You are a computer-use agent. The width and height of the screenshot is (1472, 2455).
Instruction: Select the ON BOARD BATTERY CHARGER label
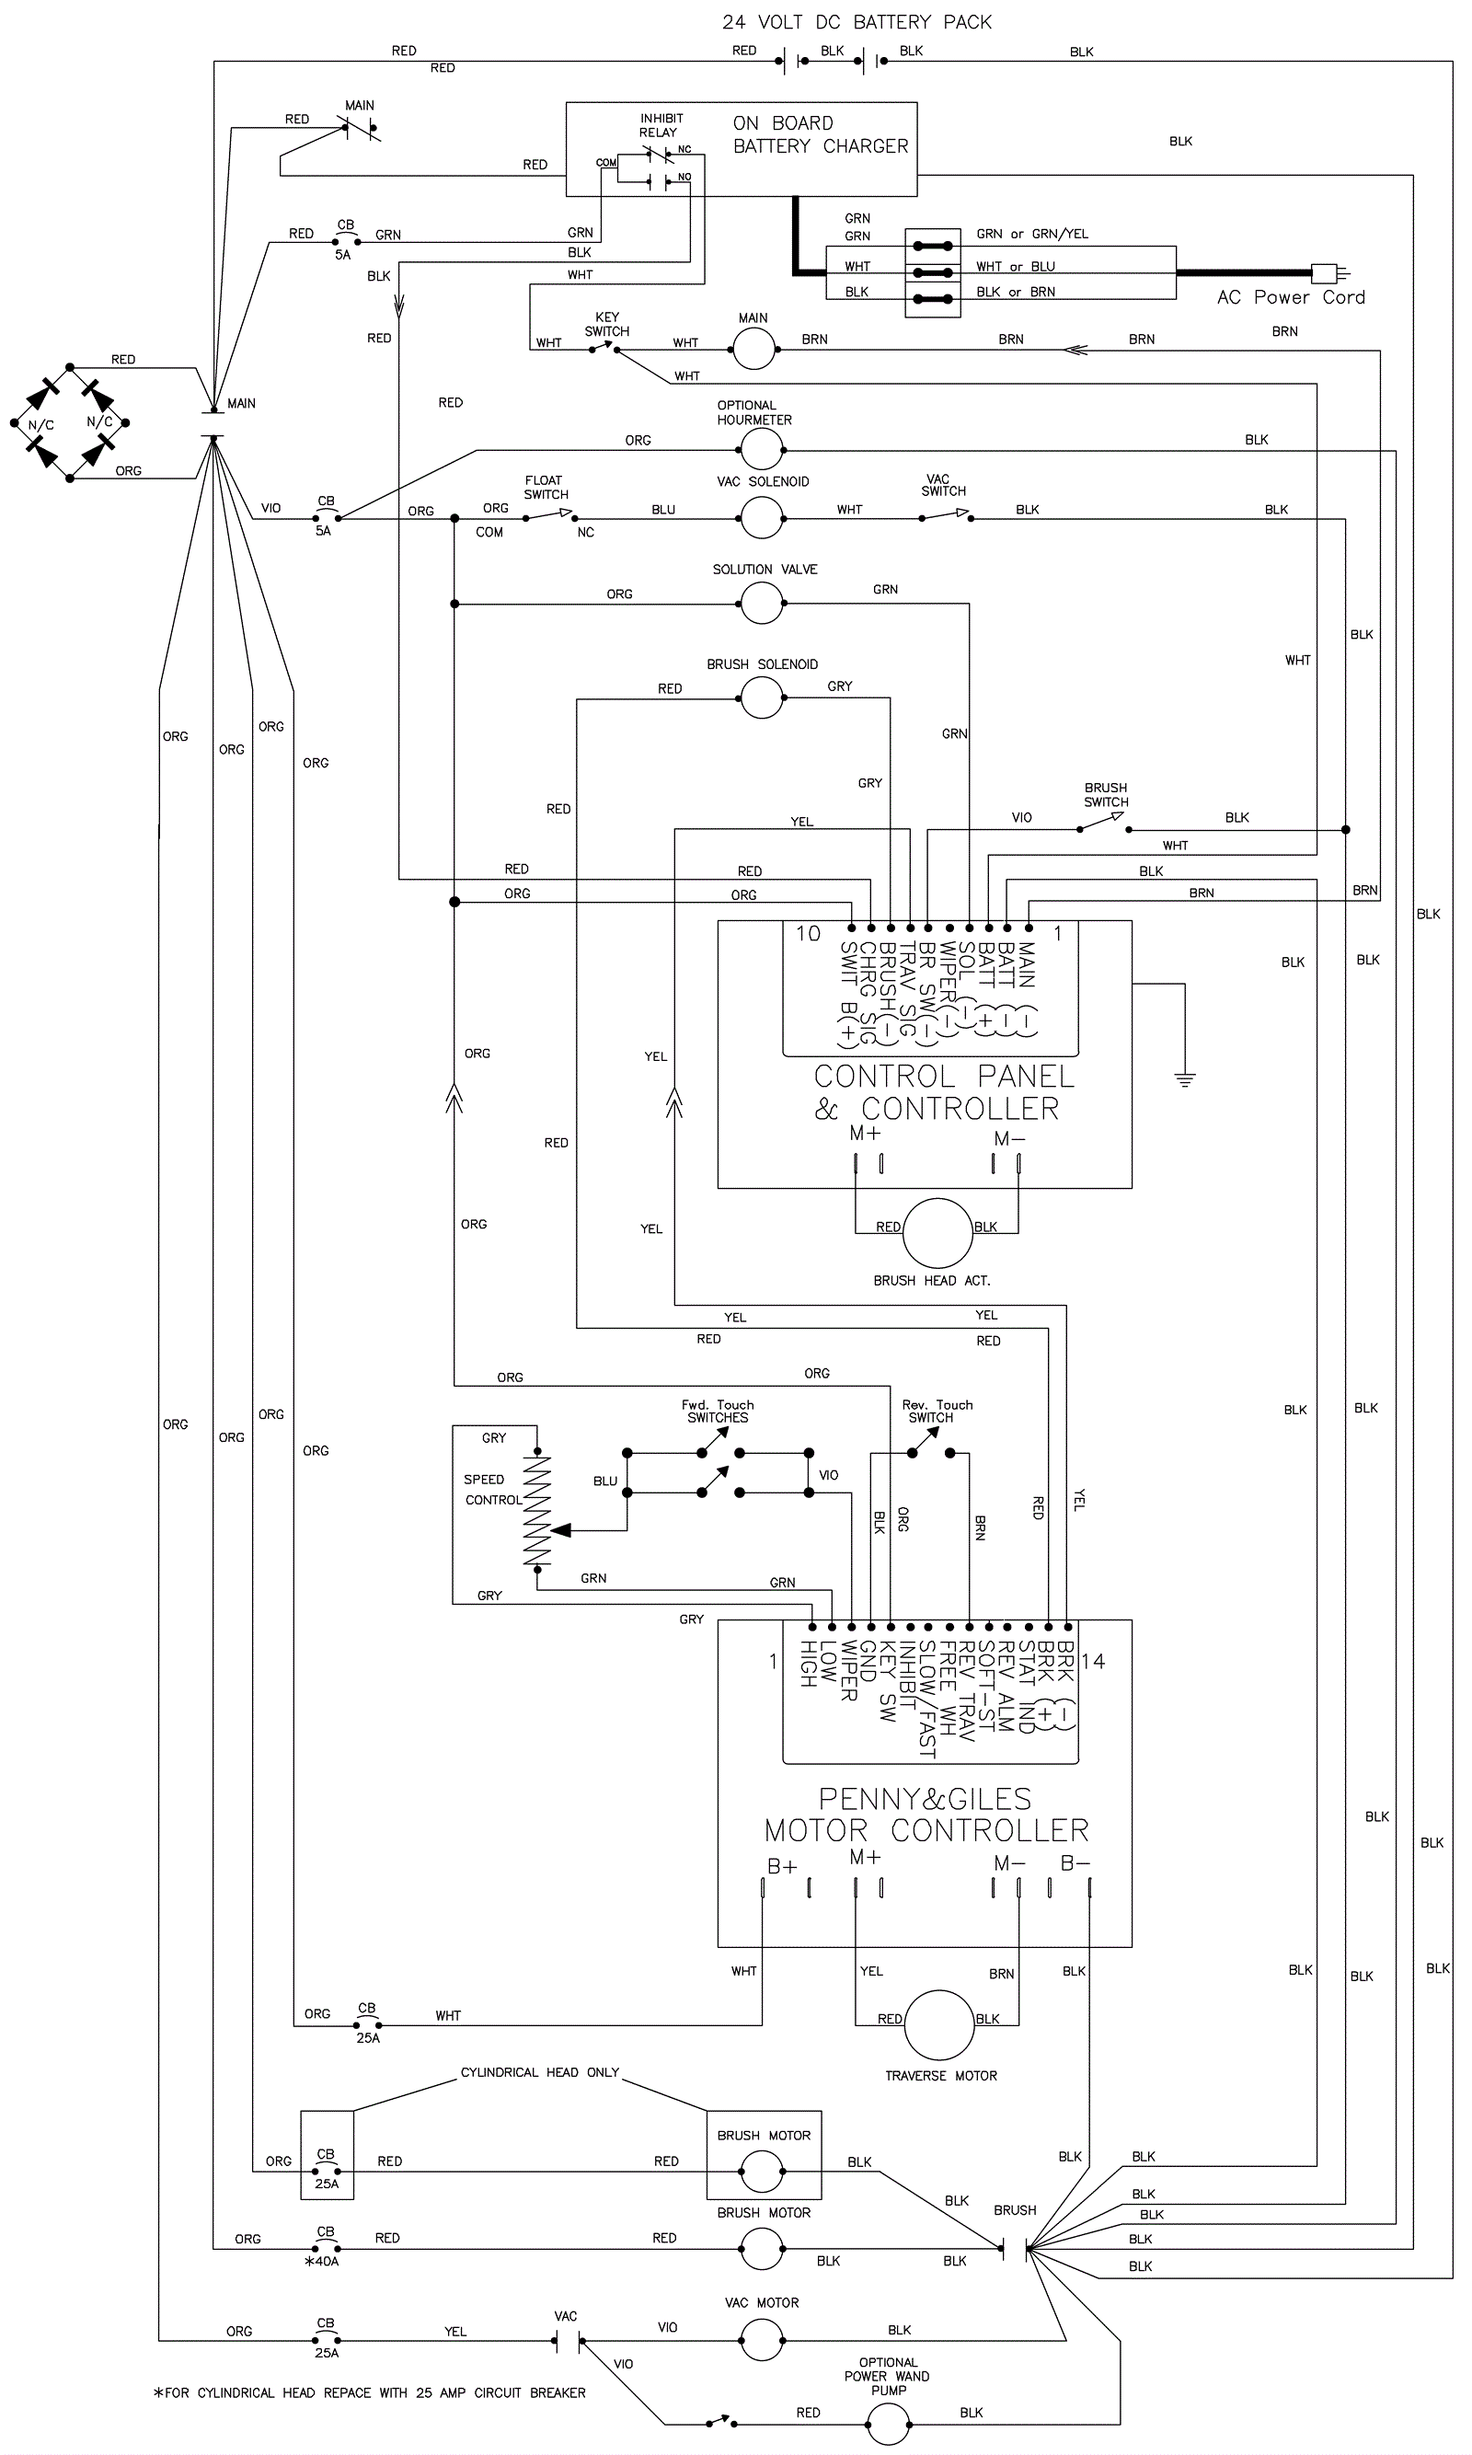tap(820, 135)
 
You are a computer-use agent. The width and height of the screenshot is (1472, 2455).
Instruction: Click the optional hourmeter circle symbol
tap(762, 449)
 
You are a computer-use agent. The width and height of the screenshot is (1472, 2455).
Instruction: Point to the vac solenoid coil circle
tap(762, 517)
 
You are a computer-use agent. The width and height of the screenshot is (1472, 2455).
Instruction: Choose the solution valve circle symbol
tap(762, 603)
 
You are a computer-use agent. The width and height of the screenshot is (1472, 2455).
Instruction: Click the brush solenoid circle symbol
tap(762, 698)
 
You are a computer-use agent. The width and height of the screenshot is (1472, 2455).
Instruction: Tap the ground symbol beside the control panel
tap(1184, 1078)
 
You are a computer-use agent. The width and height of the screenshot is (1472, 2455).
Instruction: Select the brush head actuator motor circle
tap(937, 1233)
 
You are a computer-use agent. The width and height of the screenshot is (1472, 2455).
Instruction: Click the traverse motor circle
tap(939, 2024)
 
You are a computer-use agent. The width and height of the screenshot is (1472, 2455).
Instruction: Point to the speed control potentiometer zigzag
tap(535, 1512)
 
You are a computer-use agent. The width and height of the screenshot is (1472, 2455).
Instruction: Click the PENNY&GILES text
tap(925, 1798)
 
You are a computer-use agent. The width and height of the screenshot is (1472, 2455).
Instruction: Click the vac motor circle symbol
tap(762, 2341)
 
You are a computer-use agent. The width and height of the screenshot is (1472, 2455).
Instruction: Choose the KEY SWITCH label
tap(607, 324)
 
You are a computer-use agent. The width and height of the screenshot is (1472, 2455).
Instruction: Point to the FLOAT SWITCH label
tap(546, 487)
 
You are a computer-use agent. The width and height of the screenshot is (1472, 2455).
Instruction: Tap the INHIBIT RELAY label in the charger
tap(660, 125)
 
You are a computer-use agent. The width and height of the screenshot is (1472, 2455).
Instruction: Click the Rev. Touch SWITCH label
tap(937, 1411)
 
